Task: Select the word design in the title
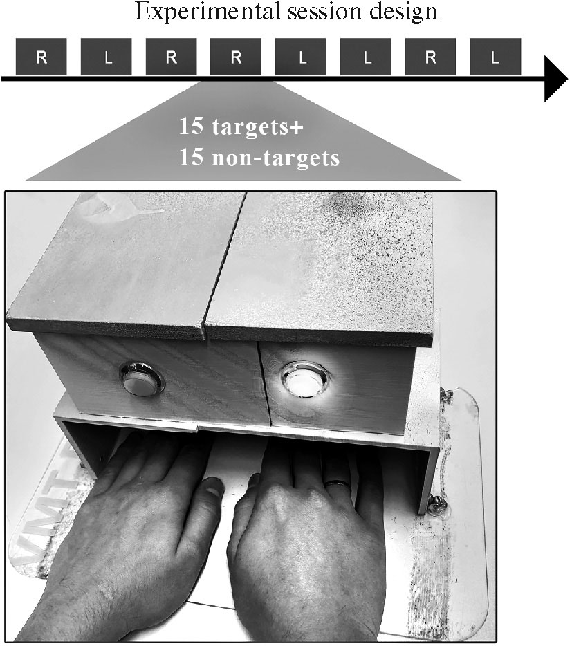(x=403, y=12)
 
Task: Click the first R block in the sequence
(x=41, y=57)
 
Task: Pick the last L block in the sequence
(x=495, y=57)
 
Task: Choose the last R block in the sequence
(x=431, y=57)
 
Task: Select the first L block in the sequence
(x=106, y=57)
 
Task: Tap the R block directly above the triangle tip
(x=236, y=57)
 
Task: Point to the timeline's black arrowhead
(x=556, y=78)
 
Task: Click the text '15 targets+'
(x=241, y=127)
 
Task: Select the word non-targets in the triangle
(x=276, y=158)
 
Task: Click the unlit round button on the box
(x=141, y=379)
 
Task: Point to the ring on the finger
(x=337, y=483)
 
